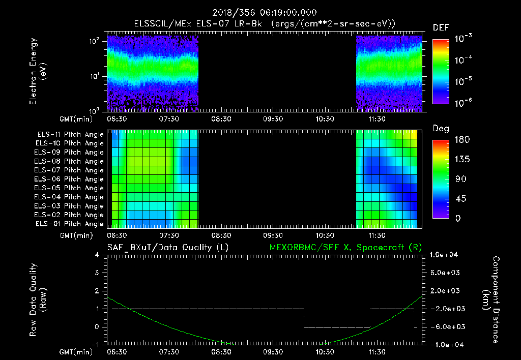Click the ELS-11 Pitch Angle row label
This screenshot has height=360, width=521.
click(70, 134)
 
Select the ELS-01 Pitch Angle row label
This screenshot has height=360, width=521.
click(70, 224)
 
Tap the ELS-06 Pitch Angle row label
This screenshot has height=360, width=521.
click(70, 179)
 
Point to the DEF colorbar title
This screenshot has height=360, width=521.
click(441, 27)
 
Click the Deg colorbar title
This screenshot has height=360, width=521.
click(441, 129)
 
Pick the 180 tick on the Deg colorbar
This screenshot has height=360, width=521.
click(459, 139)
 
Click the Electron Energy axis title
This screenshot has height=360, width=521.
click(38, 71)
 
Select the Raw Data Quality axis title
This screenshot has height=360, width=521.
click(38, 299)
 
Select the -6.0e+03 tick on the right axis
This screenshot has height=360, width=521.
click(446, 326)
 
